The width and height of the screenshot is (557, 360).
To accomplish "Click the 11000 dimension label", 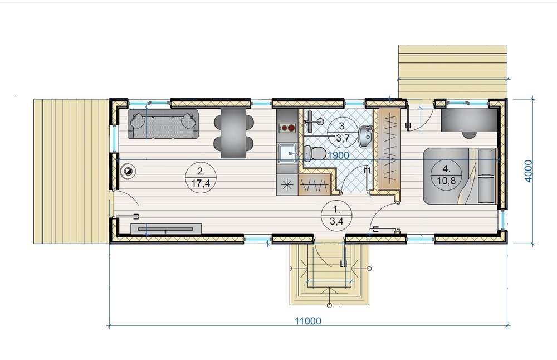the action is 308,321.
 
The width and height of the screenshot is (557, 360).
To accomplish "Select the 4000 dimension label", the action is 529,171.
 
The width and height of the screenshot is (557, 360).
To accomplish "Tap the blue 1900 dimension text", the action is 338,155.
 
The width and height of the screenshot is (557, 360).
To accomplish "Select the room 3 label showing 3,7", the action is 343,132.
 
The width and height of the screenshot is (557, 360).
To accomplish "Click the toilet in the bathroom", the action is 315,153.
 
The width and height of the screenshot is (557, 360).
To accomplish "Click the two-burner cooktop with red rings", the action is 288,128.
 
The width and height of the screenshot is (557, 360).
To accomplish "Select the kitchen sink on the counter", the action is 288,153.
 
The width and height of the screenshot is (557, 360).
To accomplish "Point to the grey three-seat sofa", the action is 163,124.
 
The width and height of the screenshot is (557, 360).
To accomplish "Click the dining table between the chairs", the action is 233,133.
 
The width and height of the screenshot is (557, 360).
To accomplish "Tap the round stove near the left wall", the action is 128,171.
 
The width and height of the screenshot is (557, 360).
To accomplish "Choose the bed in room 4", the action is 460,176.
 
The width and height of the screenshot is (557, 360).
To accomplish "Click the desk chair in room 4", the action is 469,134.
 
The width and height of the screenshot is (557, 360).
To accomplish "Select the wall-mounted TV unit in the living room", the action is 166,228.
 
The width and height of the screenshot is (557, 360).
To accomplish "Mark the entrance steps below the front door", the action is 329,274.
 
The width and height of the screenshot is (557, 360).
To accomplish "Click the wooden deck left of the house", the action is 71,171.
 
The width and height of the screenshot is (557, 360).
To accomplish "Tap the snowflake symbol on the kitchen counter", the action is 287,185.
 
